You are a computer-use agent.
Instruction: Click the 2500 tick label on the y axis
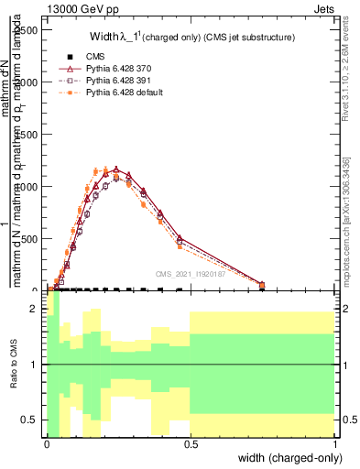coord(27,29)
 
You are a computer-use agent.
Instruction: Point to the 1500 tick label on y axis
coord(27,134)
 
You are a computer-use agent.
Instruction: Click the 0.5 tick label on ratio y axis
coord(31,420)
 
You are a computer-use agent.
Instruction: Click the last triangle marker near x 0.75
coord(262,285)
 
